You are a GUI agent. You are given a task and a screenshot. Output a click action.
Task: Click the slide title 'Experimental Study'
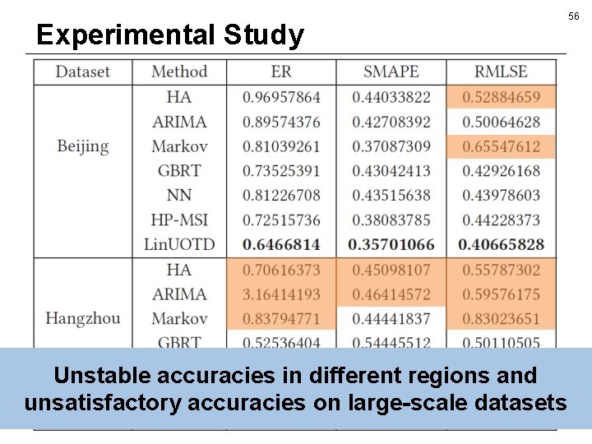170,35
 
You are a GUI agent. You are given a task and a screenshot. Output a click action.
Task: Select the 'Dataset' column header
82,72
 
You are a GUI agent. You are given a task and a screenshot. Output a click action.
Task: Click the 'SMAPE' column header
391,72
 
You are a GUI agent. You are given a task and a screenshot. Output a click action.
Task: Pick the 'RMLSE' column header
501,72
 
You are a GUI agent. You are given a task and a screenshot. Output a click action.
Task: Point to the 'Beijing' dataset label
82,146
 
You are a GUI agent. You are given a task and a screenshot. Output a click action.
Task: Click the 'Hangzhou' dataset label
82,318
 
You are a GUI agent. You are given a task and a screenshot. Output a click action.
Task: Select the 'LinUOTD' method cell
178,244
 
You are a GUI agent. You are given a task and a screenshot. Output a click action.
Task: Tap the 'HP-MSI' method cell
178,220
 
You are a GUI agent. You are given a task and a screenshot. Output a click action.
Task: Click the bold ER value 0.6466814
281,244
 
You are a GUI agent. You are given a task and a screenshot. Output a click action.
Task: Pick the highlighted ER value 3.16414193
281,294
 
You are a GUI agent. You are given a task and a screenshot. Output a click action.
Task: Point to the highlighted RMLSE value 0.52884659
501,97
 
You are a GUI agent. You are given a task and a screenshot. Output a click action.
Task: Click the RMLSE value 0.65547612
501,146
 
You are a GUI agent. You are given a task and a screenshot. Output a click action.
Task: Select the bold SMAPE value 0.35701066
391,244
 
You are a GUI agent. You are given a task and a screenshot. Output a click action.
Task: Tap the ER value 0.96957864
281,97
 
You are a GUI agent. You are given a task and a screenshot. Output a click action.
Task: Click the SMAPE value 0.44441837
391,318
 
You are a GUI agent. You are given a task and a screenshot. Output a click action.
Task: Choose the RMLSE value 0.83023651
501,318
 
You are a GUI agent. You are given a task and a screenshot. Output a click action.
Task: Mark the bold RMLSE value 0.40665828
501,244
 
